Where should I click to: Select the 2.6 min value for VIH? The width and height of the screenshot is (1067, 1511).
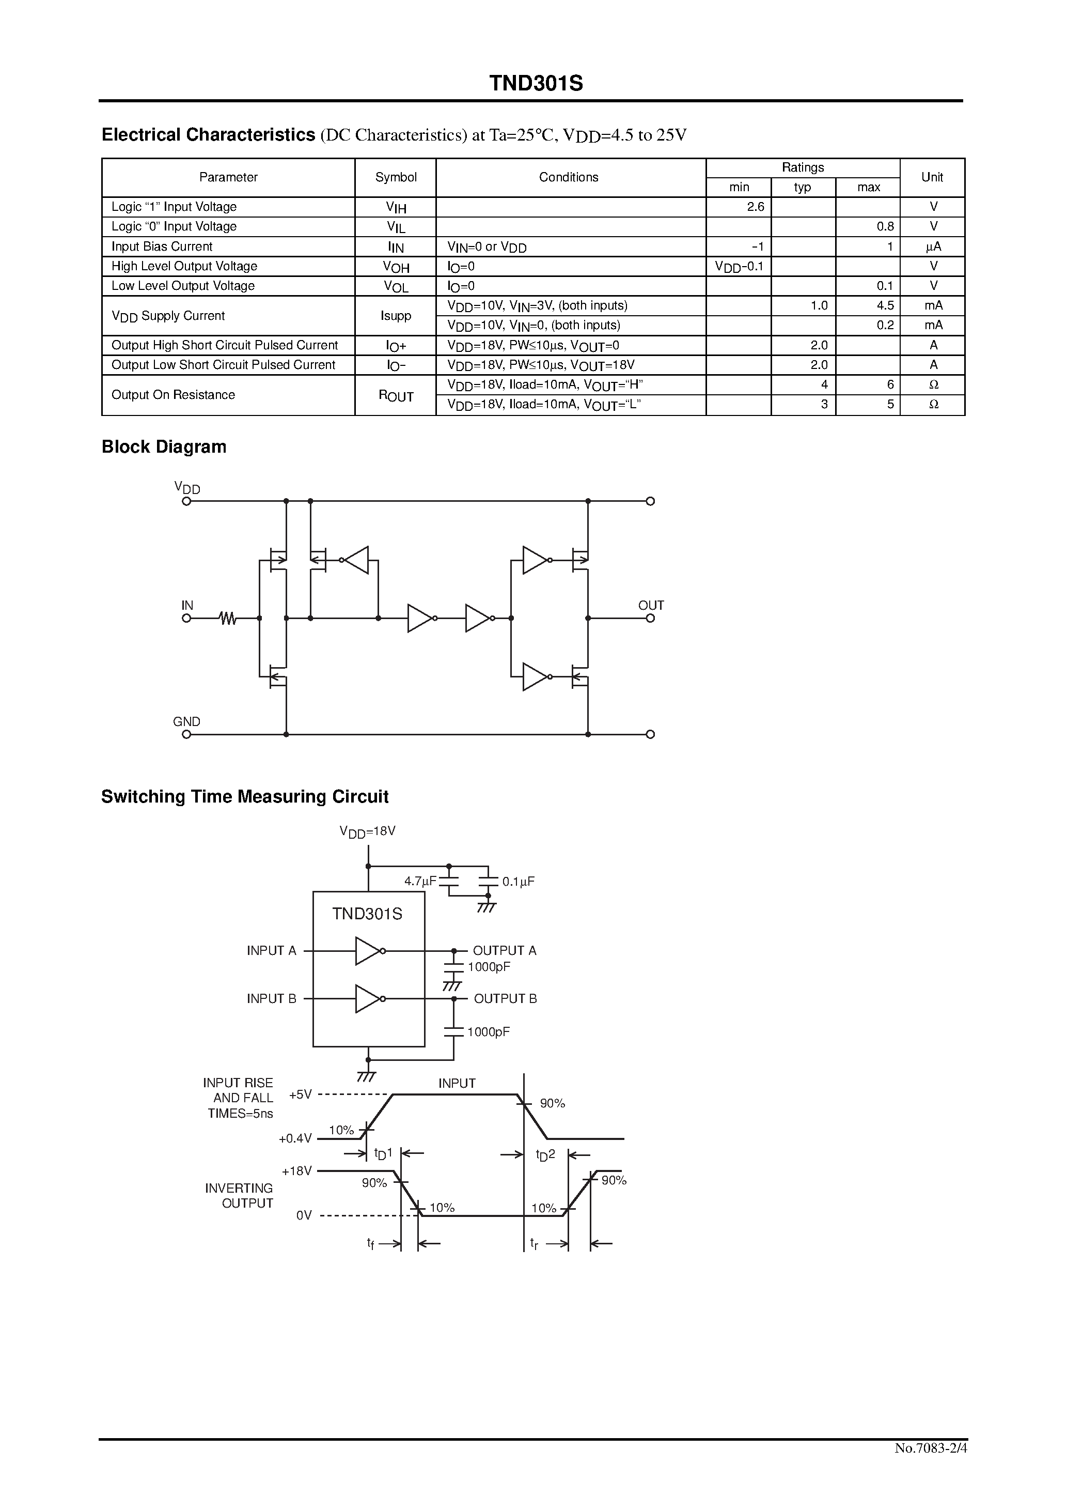[755, 207]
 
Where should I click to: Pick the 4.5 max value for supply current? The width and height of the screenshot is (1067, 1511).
[885, 305]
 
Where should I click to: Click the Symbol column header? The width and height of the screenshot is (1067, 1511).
[396, 177]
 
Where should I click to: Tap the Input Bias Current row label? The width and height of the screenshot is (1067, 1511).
[162, 246]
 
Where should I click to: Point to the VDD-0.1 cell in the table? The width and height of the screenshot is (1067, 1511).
[739, 267]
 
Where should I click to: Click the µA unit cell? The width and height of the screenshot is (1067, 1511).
[933, 247]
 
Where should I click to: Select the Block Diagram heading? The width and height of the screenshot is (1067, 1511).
[164, 447]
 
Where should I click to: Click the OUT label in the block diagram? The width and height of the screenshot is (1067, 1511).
[651, 605]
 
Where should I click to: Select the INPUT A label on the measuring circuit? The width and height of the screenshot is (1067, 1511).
[272, 950]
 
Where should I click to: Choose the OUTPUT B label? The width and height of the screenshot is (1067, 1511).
[505, 998]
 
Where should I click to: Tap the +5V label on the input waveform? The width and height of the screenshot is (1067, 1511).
[301, 1094]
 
